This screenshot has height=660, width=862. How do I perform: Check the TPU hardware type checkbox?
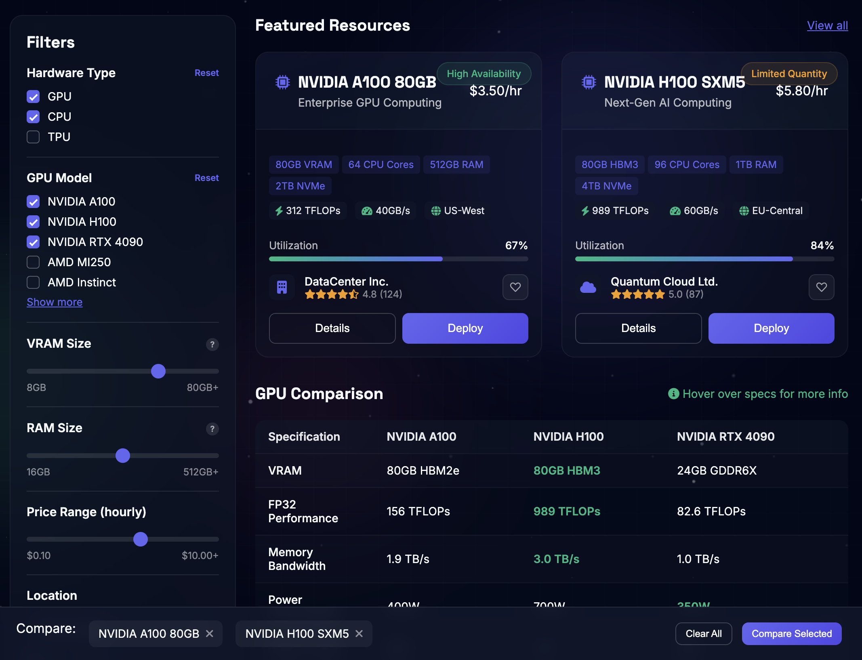(x=33, y=137)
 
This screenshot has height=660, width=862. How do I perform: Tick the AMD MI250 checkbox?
(x=33, y=262)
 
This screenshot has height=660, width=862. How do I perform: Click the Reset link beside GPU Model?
(x=206, y=178)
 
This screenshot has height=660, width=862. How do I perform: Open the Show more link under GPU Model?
(x=55, y=302)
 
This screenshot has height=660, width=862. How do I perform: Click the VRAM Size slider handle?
(x=158, y=371)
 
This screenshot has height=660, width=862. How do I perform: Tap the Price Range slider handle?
(x=141, y=539)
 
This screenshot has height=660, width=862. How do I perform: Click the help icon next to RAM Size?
(x=212, y=429)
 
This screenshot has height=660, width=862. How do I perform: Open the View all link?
(x=827, y=25)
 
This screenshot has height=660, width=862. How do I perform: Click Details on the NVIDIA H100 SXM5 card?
(x=638, y=328)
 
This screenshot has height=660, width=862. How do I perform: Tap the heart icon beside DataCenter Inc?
(x=515, y=287)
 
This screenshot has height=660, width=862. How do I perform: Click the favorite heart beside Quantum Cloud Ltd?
(x=821, y=287)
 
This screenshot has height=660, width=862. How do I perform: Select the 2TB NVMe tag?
(x=300, y=186)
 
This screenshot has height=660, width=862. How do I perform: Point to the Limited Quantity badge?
(x=789, y=74)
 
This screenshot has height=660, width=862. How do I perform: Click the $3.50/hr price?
(x=495, y=91)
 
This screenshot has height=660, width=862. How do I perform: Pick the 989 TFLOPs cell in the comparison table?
(x=567, y=511)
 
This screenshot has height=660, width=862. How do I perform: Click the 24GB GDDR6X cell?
(x=717, y=471)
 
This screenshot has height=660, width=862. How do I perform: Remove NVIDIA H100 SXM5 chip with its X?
(x=359, y=634)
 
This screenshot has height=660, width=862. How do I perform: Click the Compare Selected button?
(x=791, y=634)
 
